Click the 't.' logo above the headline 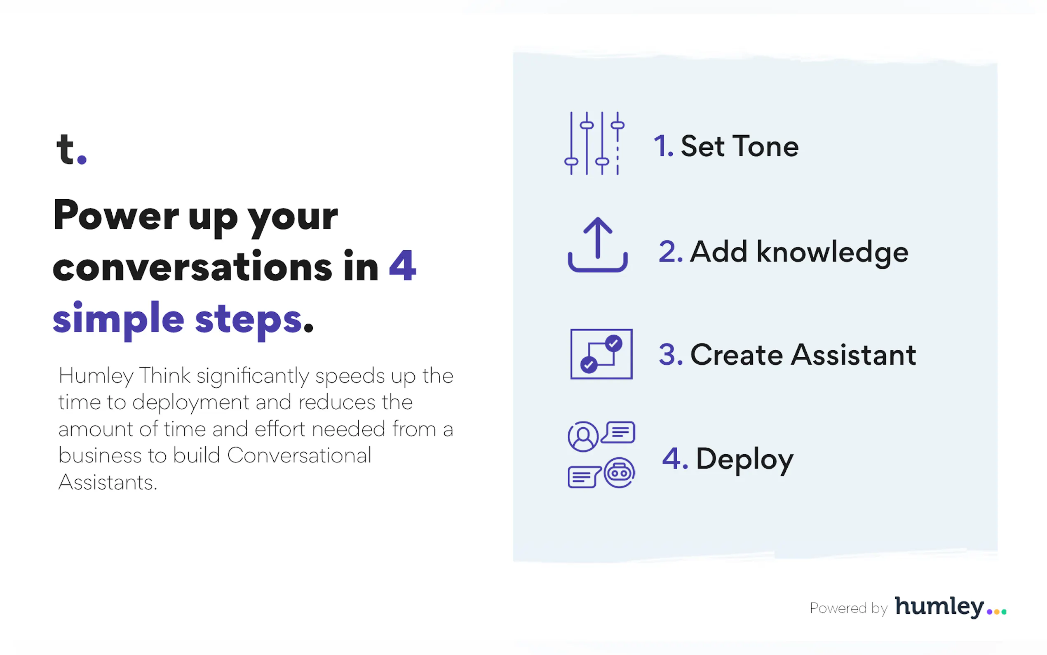71,149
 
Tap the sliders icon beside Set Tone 594,144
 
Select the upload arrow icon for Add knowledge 598,244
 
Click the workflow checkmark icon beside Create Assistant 601,354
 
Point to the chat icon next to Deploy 601,455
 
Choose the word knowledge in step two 832,252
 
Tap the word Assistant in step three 854,354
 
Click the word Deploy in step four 744,459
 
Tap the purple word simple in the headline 119,319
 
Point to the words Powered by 849,608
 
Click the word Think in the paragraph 164,375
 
